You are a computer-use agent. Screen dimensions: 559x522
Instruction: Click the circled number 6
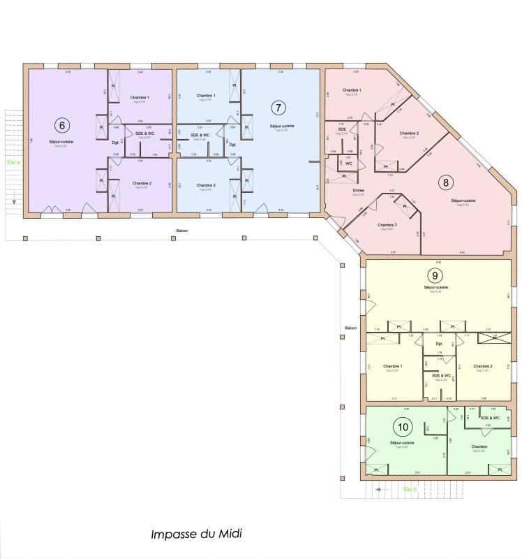[x=62, y=125]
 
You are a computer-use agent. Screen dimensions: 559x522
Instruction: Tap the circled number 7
[x=278, y=108]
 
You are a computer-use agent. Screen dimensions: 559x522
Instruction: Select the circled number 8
[x=445, y=182]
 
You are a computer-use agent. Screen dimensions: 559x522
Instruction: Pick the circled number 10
[x=402, y=426]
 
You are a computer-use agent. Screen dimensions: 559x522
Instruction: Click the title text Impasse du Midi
[x=196, y=534]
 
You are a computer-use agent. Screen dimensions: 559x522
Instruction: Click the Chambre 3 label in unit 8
[x=387, y=225]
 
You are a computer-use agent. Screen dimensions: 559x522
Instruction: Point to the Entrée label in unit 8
[x=359, y=191]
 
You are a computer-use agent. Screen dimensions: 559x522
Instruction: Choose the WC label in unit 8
[x=348, y=163]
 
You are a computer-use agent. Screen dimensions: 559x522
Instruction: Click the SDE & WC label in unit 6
[x=146, y=133]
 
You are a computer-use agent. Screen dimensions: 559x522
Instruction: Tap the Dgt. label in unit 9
[x=439, y=344]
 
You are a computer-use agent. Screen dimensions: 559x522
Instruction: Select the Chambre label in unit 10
[x=479, y=446]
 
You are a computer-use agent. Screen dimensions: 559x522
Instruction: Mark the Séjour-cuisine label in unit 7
[x=282, y=126]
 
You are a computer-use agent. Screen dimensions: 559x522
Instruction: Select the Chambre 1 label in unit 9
[x=394, y=366]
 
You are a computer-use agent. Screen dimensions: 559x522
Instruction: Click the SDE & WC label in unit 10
[x=489, y=418]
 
